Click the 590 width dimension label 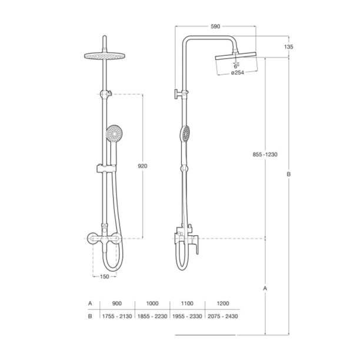point(215,26)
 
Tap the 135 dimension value point(289,47)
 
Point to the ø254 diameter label point(238,73)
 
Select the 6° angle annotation point(236,66)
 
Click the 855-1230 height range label point(265,155)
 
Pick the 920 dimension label point(142,166)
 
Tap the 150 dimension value point(105,276)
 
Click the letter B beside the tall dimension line point(289,174)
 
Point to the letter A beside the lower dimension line point(265,288)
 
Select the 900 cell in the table point(117,304)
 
